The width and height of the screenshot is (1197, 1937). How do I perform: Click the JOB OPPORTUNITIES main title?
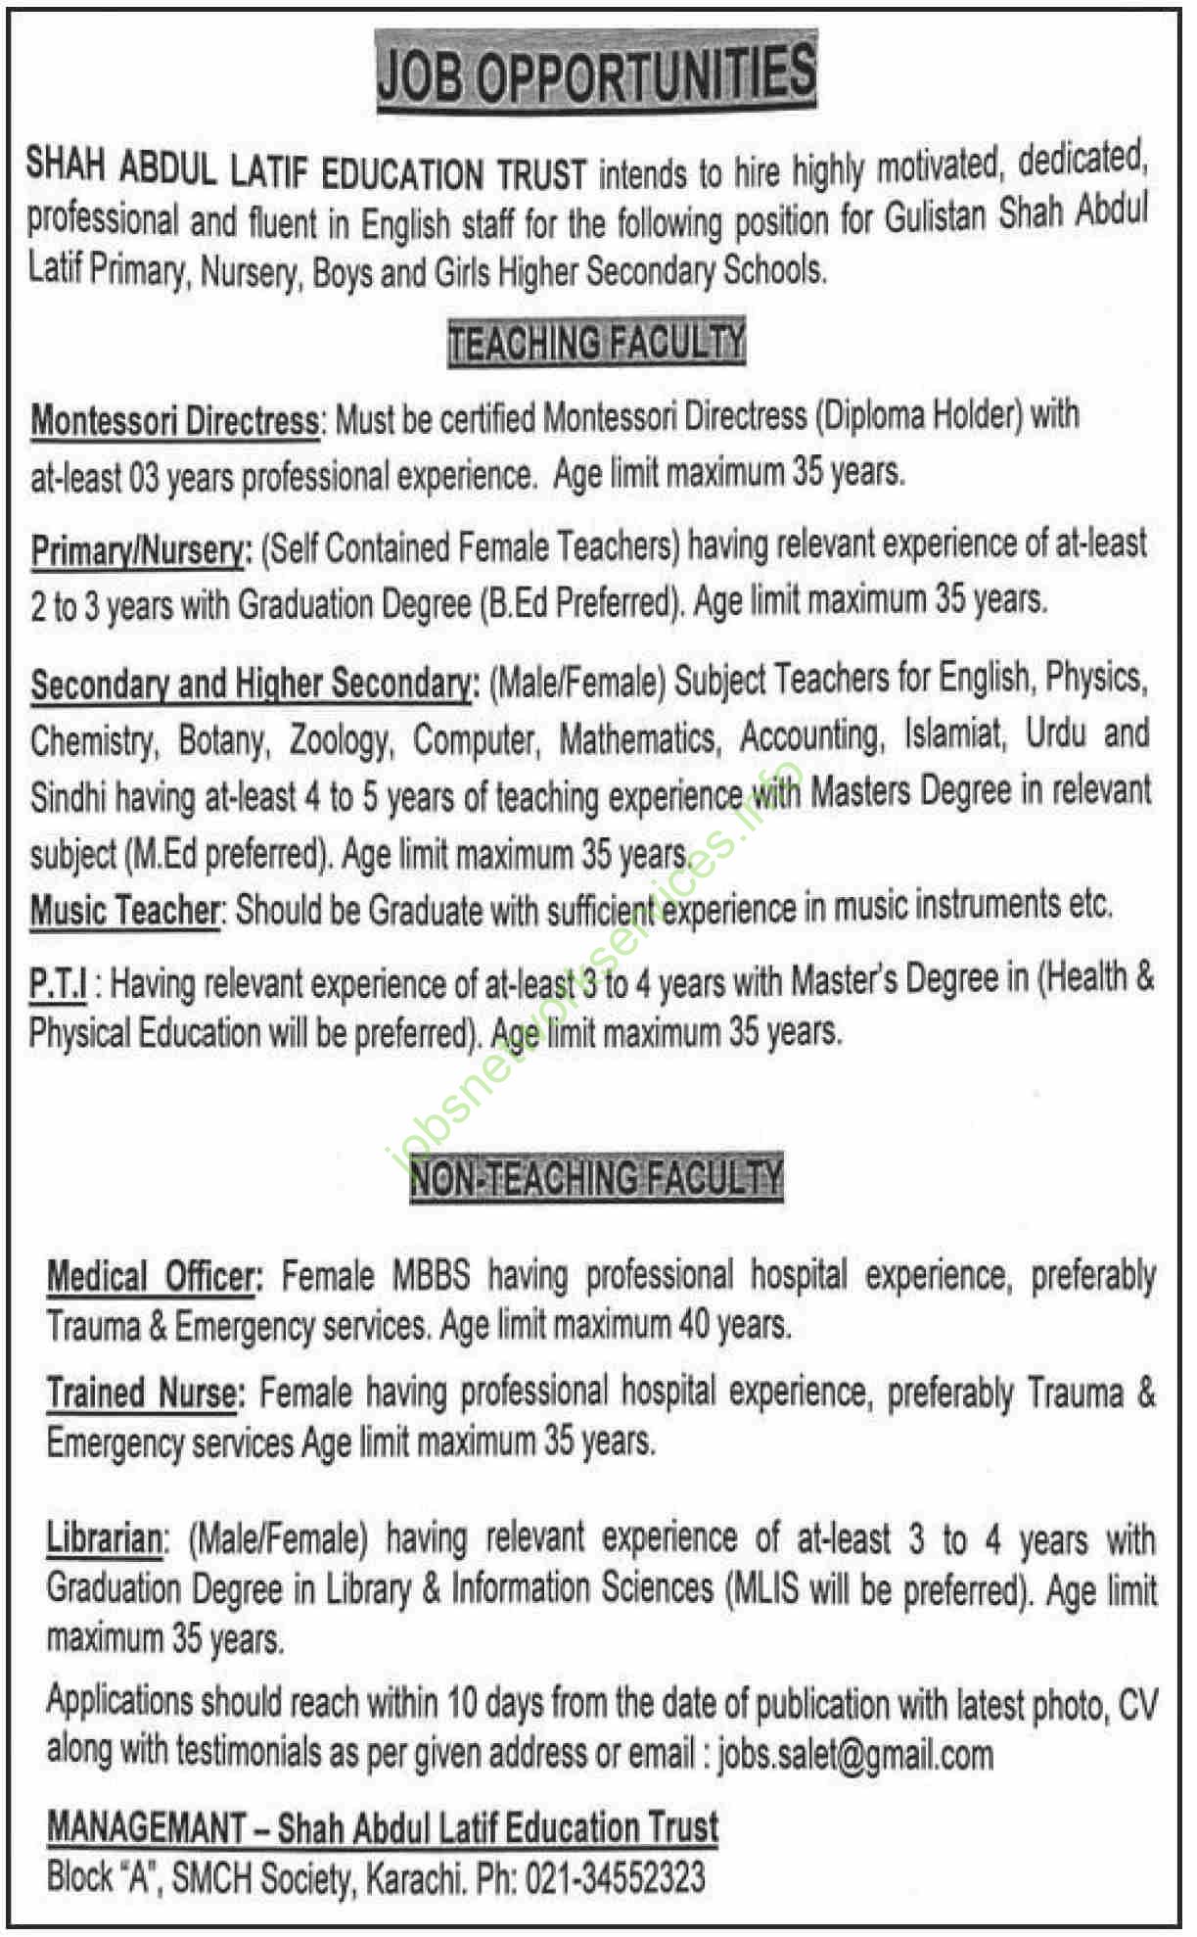(x=596, y=73)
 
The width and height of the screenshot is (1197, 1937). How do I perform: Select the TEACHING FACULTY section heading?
(x=596, y=343)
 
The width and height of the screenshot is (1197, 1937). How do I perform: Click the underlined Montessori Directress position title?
(x=175, y=422)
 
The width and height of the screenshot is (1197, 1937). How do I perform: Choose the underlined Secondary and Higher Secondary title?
(x=252, y=684)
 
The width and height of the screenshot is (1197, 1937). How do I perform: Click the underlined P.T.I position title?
(x=58, y=983)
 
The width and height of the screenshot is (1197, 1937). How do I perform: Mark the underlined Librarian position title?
(x=105, y=1539)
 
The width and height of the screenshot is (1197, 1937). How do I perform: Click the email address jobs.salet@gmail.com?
(x=854, y=1755)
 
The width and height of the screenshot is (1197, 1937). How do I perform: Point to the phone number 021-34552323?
(x=615, y=1878)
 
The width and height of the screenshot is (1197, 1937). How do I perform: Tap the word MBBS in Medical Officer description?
(x=432, y=1277)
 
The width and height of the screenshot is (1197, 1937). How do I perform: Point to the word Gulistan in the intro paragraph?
(x=935, y=217)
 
